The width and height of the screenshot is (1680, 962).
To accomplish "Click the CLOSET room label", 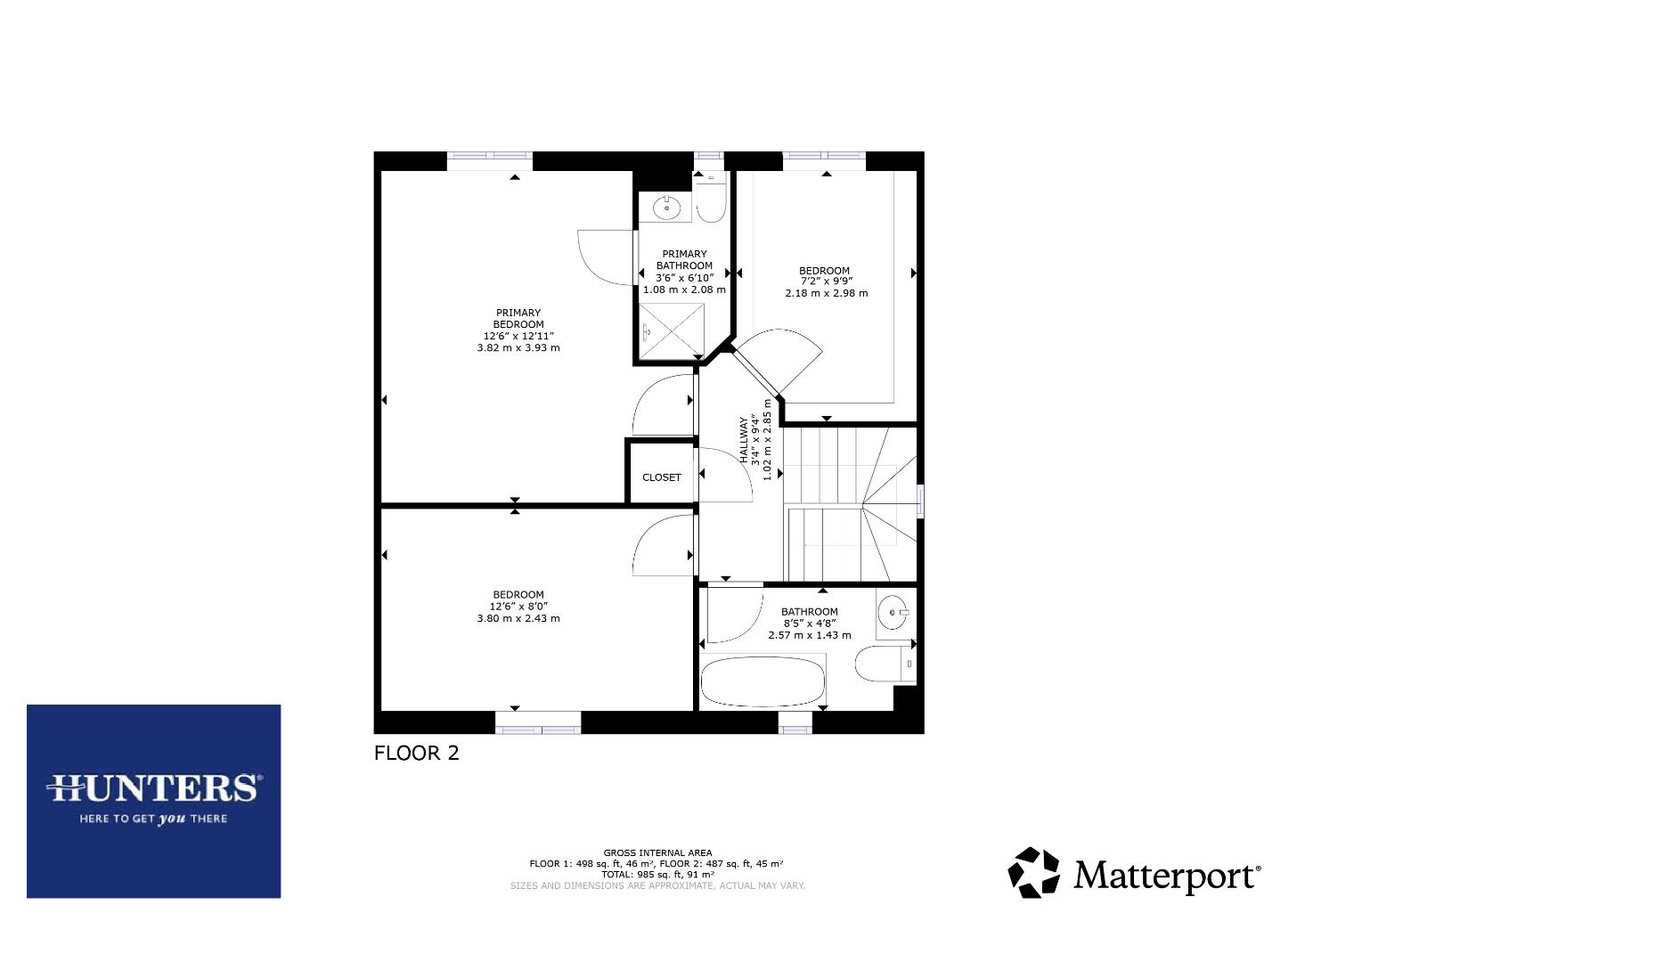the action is [x=661, y=477].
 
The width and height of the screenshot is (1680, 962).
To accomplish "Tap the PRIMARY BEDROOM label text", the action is [x=518, y=319].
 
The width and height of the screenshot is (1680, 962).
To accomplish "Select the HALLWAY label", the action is [x=745, y=440].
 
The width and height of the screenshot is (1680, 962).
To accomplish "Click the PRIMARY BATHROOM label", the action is [x=684, y=260].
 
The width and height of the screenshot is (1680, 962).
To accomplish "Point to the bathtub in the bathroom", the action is [x=763, y=681].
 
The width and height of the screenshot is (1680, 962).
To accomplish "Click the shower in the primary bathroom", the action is [x=673, y=331].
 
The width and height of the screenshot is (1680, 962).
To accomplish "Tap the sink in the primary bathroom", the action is [x=666, y=208].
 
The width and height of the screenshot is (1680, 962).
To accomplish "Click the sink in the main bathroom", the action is [x=893, y=613].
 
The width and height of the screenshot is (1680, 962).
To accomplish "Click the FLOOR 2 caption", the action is [x=416, y=753].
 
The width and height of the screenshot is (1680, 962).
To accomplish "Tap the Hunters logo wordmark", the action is [x=154, y=787].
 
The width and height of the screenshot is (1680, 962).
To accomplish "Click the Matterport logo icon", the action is [x=1033, y=872].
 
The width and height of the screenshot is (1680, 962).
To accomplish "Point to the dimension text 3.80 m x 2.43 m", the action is [x=518, y=618].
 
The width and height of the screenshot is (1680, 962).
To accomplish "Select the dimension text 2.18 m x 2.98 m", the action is [x=826, y=293].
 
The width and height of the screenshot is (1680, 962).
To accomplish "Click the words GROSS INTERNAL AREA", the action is [x=657, y=852].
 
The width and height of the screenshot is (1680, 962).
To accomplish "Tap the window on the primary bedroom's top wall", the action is [x=489, y=159].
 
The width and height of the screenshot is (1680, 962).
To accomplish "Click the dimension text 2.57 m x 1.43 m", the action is [x=810, y=635].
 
